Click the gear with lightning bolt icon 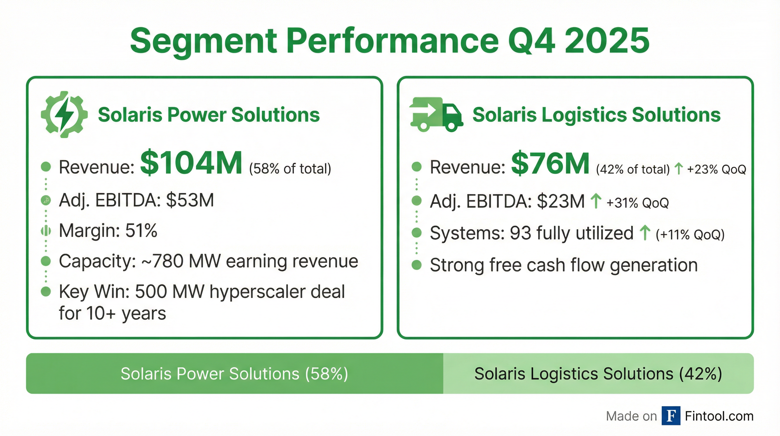[x=64, y=115]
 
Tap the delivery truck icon [x=436, y=115]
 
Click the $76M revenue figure [x=550, y=164]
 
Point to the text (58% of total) [x=290, y=169]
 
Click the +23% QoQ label [x=717, y=169]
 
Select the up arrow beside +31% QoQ [x=596, y=201]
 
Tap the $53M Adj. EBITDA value [x=190, y=200]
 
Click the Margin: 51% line [x=108, y=231]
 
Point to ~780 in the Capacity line [x=162, y=261]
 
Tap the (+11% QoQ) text [x=690, y=234]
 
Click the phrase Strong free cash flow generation [x=564, y=265]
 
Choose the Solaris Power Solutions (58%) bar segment [x=234, y=374]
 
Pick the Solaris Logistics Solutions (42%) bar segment [x=598, y=374]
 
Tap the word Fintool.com [x=719, y=416]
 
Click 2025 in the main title [x=607, y=41]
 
